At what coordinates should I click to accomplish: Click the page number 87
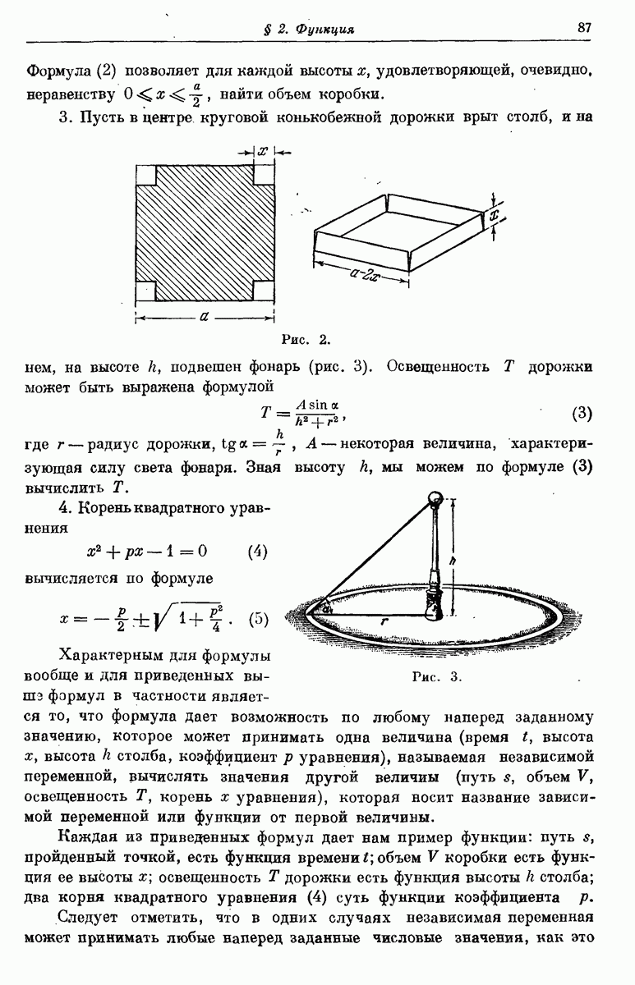click(584, 27)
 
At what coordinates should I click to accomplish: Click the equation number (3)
click(580, 411)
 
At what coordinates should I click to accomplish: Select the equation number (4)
click(257, 551)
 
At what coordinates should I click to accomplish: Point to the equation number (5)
click(257, 618)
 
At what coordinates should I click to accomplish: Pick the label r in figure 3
click(383, 621)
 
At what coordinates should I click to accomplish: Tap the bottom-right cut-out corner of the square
click(263, 291)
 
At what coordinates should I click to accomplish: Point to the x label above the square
click(262, 152)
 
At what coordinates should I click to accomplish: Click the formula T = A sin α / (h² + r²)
click(306, 411)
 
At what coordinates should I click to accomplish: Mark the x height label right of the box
click(496, 215)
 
